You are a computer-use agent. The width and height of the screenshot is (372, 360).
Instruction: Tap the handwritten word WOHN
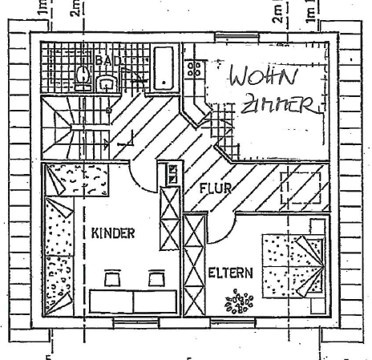point(263,75)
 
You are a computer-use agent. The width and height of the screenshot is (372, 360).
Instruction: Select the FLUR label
point(216,188)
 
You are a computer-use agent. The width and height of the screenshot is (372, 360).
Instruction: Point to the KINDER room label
point(113,233)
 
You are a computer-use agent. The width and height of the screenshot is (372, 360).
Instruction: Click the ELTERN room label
point(230,273)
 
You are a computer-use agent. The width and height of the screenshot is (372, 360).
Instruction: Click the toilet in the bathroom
point(83,78)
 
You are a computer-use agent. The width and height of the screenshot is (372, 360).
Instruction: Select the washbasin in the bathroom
point(107,83)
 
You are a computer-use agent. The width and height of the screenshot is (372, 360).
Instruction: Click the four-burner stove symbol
point(194,69)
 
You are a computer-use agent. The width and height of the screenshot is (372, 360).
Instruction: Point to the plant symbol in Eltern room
point(239,301)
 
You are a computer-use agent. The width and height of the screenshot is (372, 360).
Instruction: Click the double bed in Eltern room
point(293,266)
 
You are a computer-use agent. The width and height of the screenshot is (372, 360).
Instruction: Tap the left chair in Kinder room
point(112,278)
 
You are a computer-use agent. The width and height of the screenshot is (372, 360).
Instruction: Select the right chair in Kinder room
point(156,278)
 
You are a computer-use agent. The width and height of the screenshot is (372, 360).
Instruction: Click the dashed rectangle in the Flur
point(301,188)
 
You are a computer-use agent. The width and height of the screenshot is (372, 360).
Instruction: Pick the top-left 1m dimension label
point(42,7)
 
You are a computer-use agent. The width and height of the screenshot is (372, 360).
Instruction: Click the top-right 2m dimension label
point(278,14)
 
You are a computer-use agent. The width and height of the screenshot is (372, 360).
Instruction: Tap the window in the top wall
point(237,38)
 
